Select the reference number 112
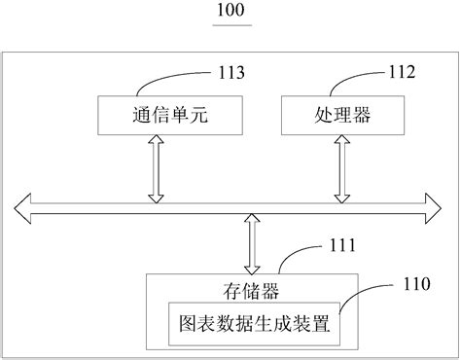(402, 70)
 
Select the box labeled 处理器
(339, 116)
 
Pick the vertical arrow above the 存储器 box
(252, 244)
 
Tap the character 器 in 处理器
(362, 116)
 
